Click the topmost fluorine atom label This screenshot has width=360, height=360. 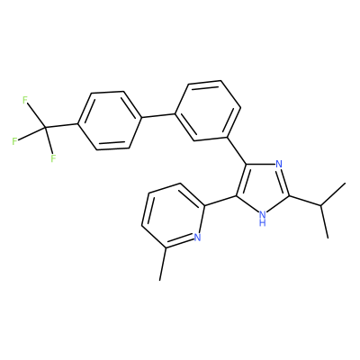point(25,100)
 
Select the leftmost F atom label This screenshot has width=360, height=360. point(15,141)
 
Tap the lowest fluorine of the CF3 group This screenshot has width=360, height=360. point(53,158)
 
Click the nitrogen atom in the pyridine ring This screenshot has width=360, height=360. point(197,238)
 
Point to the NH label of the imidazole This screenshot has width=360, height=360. point(263,219)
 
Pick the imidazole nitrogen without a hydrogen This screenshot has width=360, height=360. point(279,164)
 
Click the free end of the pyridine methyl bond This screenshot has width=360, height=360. point(160,281)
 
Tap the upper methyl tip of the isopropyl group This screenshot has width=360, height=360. point(346,183)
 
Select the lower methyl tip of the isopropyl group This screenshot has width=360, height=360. point(328,238)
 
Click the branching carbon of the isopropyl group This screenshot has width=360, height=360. point(320,205)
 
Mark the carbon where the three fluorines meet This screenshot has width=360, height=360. point(45,128)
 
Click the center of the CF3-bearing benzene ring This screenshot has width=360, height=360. point(110,121)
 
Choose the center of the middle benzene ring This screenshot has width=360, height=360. point(208,111)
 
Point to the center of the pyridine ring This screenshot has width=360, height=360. point(173,215)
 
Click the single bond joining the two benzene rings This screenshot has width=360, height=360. point(158,115)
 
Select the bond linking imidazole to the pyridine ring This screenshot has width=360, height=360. point(220,201)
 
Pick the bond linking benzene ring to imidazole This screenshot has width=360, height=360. point(237,151)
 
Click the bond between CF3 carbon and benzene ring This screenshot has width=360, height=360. point(61,126)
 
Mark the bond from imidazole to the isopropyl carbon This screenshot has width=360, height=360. point(305,201)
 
